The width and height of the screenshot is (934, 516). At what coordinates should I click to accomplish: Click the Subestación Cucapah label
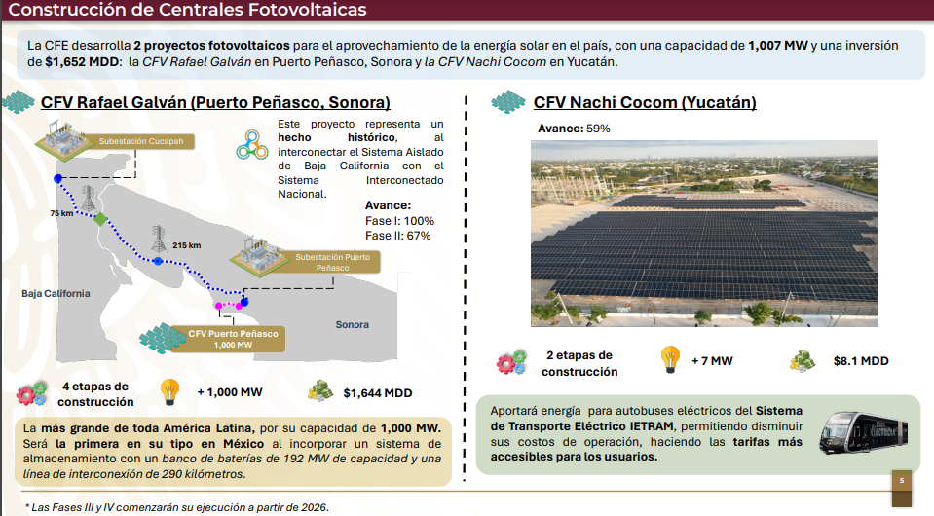tap(140, 141)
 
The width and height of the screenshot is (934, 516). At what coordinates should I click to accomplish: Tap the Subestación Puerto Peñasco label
tap(332, 263)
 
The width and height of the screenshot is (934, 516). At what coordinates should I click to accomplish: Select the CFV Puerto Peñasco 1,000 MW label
tap(233, 339)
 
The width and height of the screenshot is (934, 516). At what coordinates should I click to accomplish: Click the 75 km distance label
tap(61, 213)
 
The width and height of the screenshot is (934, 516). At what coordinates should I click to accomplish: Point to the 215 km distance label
tap(186, 245)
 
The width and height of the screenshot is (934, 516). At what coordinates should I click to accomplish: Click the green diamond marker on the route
tap(100, 220)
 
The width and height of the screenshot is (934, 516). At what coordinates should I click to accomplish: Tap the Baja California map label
tap(56, 293)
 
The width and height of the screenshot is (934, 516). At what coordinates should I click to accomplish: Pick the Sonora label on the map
tap(352, 325)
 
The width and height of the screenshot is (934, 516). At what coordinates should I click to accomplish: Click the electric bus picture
tap(863, 432)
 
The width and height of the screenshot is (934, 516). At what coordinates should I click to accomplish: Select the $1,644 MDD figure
tap(378, 392)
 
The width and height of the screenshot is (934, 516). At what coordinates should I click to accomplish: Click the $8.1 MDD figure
tap(861, 361)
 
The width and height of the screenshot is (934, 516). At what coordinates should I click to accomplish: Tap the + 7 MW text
tap(712, 361)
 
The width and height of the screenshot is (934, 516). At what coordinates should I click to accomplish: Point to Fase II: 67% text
tap(398, 236)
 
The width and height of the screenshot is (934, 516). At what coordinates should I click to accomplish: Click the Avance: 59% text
tap(574, 129)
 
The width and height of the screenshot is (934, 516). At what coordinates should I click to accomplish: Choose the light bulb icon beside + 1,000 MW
tap(169, 392)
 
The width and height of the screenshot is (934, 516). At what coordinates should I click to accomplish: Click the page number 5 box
tap(901, 481)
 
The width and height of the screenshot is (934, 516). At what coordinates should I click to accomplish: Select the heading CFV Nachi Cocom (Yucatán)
tap(645, 102)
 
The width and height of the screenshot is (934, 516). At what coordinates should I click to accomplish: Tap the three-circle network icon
tap(252, 145)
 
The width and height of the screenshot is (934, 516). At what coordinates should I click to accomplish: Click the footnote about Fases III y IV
tap(177, 507)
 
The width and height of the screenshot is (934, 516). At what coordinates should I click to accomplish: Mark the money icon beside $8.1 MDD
tap(803, 361)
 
